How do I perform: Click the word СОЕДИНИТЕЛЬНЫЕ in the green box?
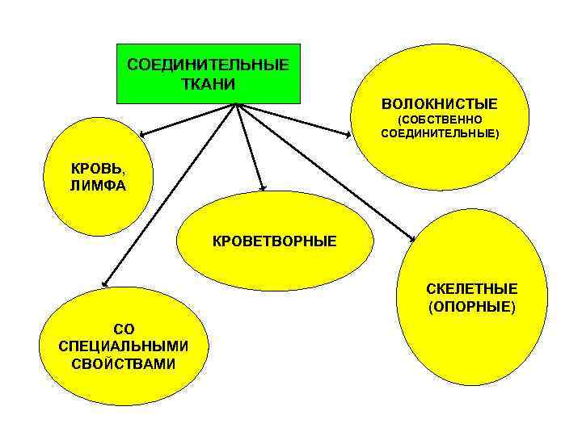pyautogui.click(x=208, y=65)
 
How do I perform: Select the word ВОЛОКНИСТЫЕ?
pyautogui.click(x=440, y=105)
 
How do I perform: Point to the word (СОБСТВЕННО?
pyautogui.click(x=440, y=119)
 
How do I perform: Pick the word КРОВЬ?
pyautogui.click(x=98, y=170)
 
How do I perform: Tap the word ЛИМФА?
pyautogui.click(x=98, y=185)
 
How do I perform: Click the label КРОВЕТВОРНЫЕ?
pyautogui.click(x=274, y=241)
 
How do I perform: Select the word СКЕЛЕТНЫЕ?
pyautogui.click(x=472, y=289)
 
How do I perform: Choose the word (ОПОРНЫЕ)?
pyautogui.click(x=472, y=307)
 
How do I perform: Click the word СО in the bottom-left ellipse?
pyautogui.click(x=124, y=329)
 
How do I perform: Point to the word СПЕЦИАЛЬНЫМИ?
pyautogui.click(x=124, y=346)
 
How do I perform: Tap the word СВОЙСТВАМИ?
pyautogui.click(x=124, y=363)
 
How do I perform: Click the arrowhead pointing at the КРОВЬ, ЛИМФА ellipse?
pyautogui.click(x=142, y=133)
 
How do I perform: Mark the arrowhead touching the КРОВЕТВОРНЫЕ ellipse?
pyautogui.click(x=263, y=187)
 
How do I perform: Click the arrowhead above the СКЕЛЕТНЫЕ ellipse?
pyautogui.click(x=413, y=238)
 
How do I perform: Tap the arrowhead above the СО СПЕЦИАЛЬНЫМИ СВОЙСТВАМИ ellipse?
pyautogui.click(x=103, y=283)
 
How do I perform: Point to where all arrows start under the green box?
pyautogui.click(x=236, y=104)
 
